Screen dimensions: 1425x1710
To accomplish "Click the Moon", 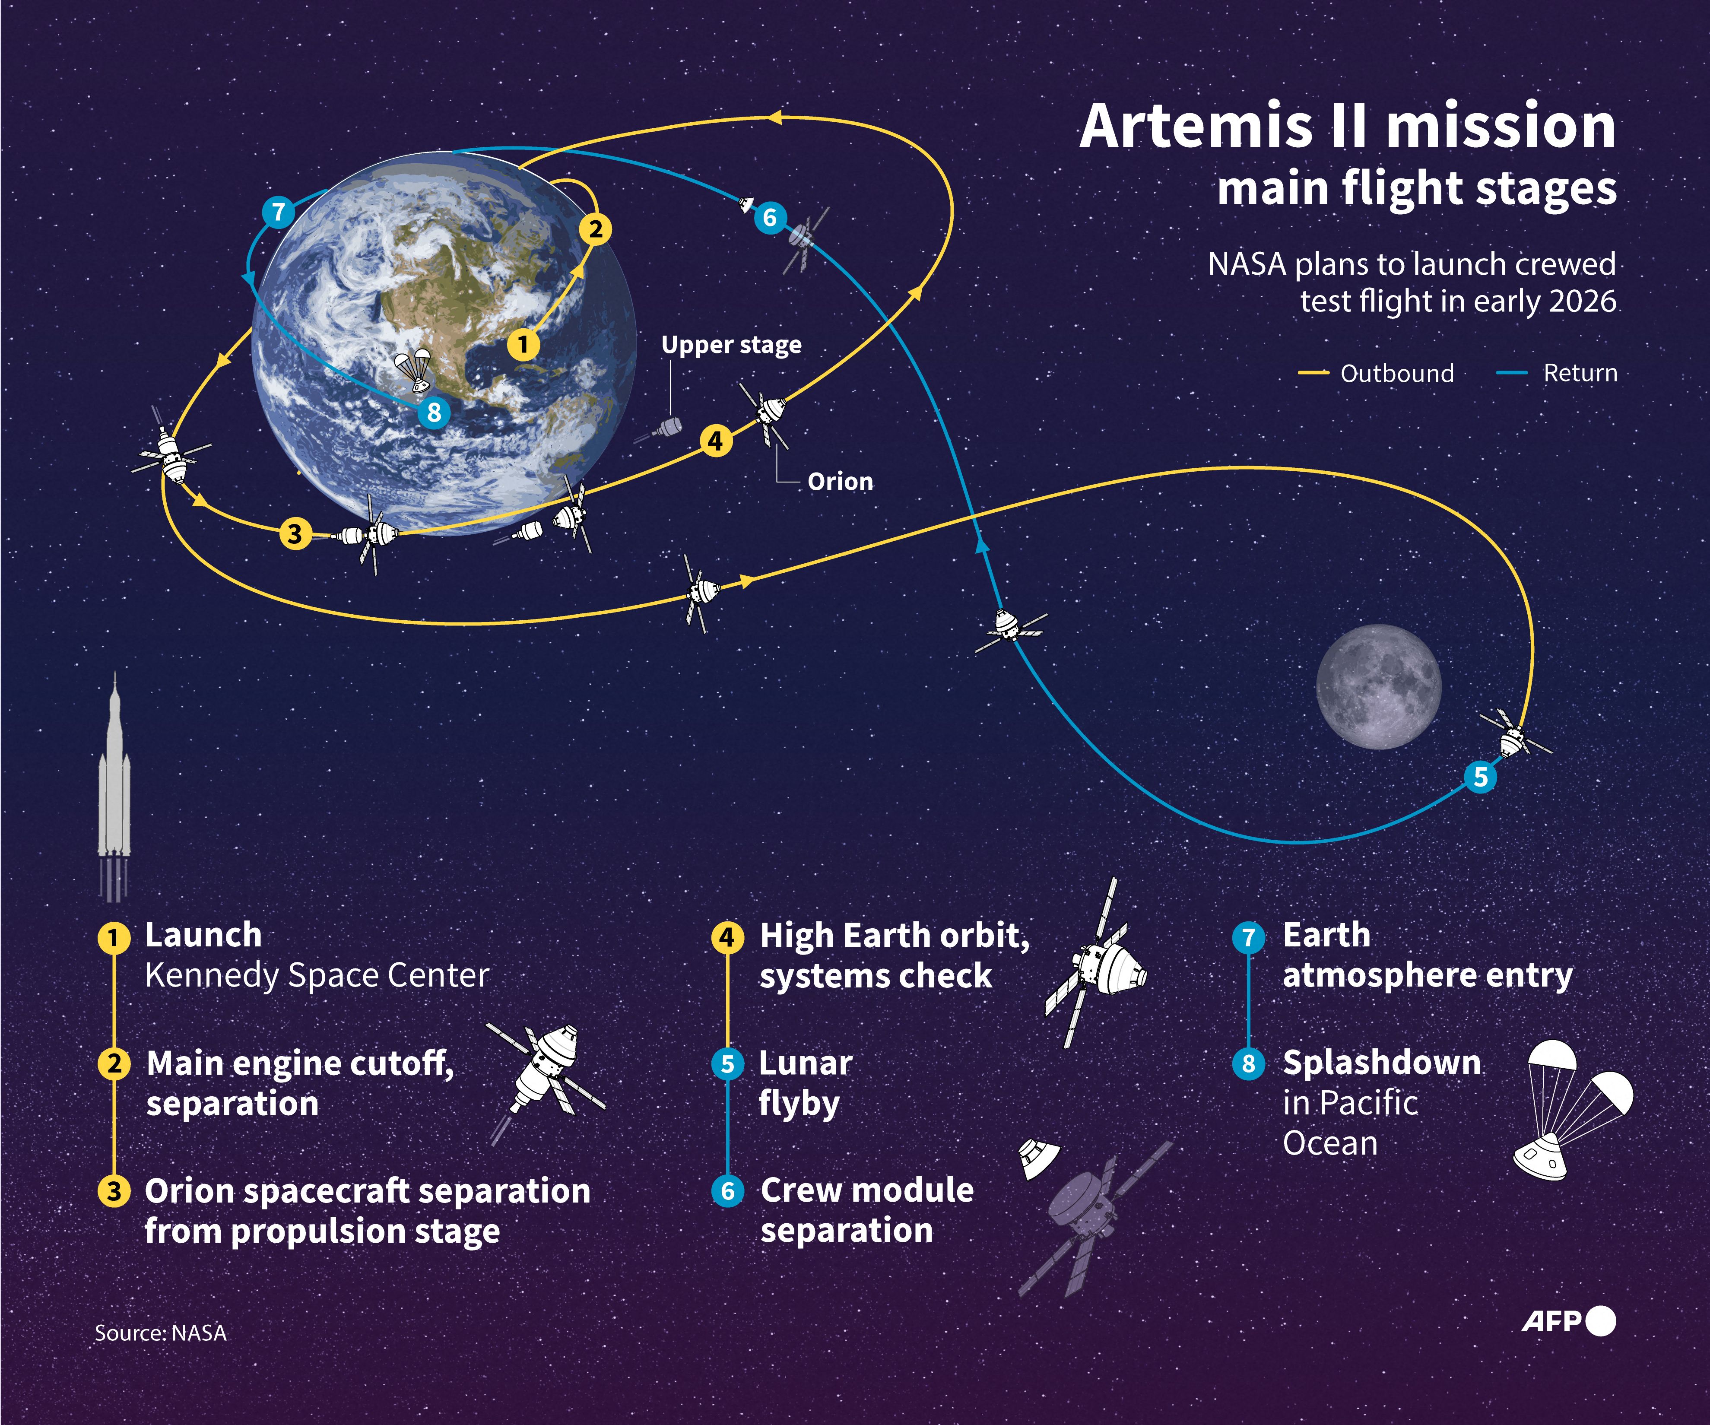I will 1379,686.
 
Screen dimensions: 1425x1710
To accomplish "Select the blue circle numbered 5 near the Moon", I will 1480,776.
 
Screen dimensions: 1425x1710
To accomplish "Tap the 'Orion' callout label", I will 840,481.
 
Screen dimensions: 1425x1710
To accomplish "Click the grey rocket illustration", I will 114,782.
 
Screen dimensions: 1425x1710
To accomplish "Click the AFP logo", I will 1567,1321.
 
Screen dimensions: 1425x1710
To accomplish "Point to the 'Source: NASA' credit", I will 160,1333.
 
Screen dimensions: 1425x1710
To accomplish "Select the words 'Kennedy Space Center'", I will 317,975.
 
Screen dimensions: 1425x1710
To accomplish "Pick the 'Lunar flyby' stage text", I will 805,1083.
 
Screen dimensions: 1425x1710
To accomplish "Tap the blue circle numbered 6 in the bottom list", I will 727,1191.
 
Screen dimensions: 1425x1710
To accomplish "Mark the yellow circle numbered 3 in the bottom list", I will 114,1191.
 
